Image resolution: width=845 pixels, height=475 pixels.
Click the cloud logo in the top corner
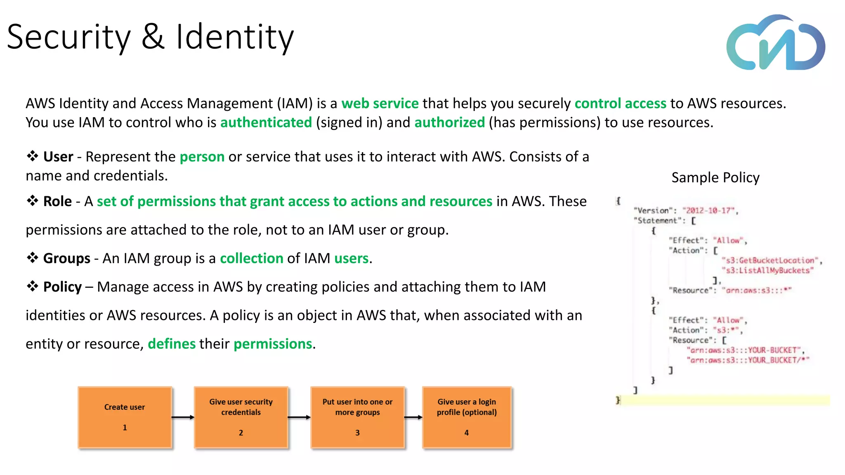point(776,43)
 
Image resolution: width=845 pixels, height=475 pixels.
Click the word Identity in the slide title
point(235,37)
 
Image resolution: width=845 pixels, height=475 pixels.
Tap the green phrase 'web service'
point(380,103)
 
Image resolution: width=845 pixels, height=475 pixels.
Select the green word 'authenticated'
point(266,122)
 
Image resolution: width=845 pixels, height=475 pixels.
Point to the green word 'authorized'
point(449,122)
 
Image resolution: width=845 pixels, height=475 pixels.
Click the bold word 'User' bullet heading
point(58,157)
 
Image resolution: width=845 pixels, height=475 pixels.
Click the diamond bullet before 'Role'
point(32,201)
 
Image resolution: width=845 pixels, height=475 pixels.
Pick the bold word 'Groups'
point(66,258)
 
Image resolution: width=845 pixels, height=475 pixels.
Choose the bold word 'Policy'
point(62,287)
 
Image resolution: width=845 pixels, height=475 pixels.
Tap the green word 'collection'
point(251,258)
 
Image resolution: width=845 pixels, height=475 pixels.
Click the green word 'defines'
point(171,343)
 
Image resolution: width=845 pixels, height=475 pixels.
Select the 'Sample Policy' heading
point(715,177)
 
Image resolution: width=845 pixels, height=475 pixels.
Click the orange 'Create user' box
point(125,417)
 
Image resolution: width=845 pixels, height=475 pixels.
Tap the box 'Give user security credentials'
point(241,417)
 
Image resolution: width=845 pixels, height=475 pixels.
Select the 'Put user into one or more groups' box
point(357,417)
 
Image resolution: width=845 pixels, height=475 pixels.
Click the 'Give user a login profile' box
point(467,417)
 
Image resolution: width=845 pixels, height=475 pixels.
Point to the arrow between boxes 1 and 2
point(183,417)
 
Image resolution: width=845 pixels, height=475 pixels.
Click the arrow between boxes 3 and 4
point(413,417)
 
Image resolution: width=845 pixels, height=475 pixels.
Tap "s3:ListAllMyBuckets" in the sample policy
point(767,270)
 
